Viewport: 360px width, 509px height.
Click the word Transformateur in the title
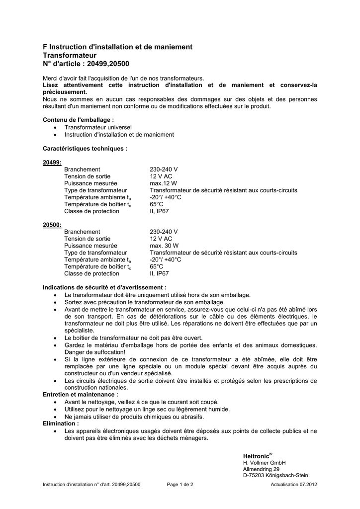pos(70,55)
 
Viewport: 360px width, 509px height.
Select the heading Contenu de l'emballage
pos(79,120)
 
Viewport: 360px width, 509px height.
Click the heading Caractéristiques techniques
pos(85,148)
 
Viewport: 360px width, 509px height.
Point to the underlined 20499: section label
pos(52,163)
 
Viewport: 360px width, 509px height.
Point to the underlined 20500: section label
pos(52,225)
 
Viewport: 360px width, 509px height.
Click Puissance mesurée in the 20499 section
pos(90,183)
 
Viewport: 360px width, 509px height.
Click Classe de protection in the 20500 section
pos(91,273)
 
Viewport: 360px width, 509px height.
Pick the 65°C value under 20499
pos(157,204)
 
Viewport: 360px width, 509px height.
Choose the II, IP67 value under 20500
pos(159,273)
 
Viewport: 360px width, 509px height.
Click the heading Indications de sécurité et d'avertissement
pos(104,288)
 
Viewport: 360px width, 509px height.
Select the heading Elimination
pos(61,423)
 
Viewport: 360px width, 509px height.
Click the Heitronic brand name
pos(256,456)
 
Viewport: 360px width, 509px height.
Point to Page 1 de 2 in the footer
pos(180,484)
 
